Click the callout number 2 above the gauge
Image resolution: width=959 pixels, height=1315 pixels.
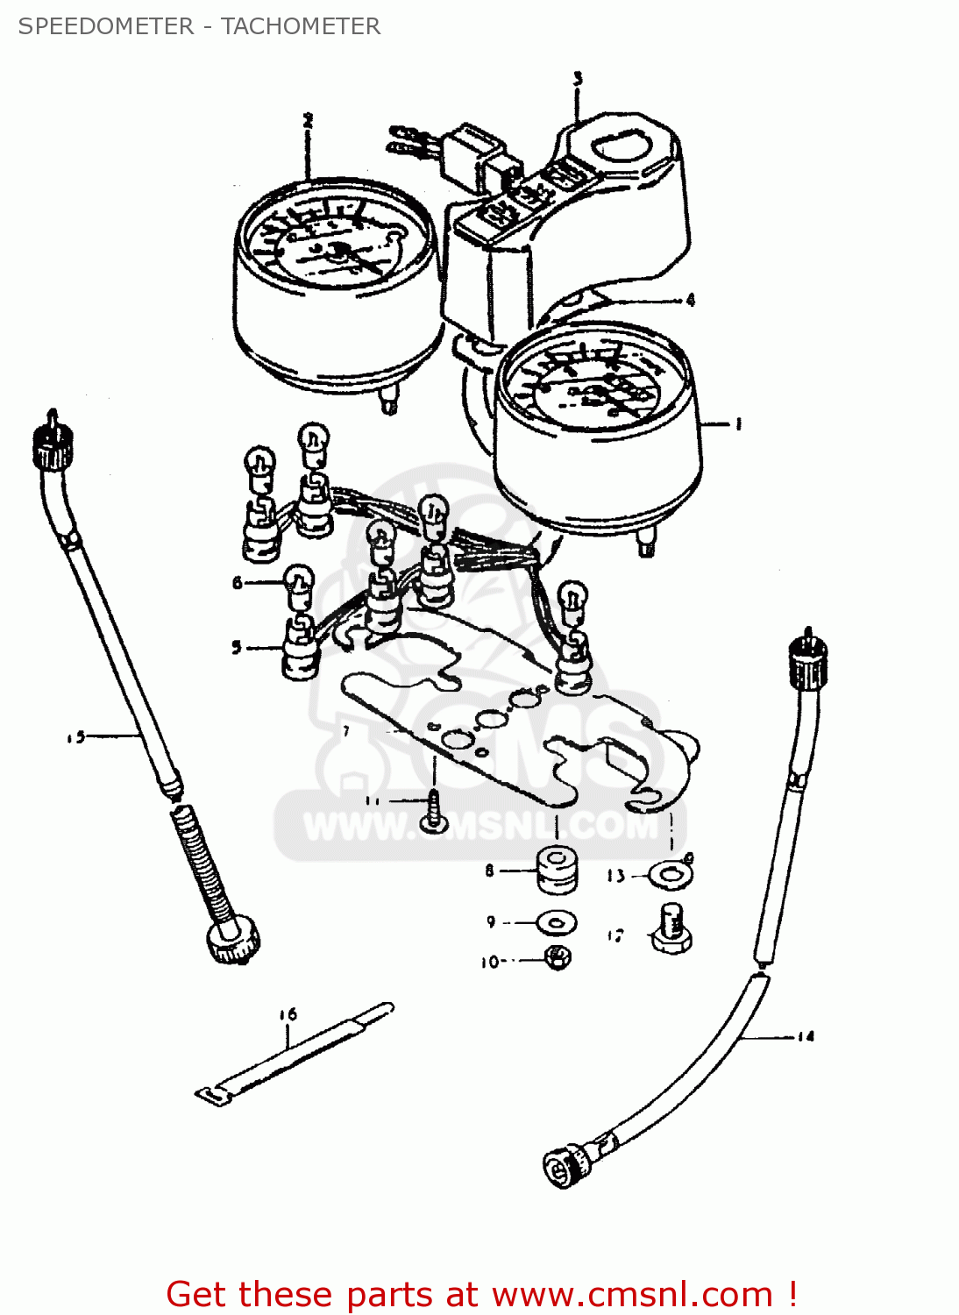tap(308, 121)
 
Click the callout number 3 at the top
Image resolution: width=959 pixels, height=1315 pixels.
tap(578, 79)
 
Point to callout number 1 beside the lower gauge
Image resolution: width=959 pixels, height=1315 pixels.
tap(738, 424)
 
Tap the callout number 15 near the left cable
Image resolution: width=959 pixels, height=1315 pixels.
tap(76, 737)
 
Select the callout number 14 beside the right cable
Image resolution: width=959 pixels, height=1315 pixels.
tap(806, 1036)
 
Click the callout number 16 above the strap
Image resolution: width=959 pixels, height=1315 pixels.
tap(288, 1014)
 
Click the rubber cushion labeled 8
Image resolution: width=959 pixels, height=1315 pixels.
tap(557, 870)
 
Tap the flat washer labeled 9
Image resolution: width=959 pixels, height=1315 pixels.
tap(557, 922)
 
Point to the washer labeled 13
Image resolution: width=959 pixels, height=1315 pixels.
tap(671, 874)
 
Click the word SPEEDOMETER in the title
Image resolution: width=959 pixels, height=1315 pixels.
tap(106, 26)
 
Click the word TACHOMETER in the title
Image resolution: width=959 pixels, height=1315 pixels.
tap(301, 26)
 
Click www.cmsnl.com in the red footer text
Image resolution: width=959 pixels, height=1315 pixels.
tap(631, 1295)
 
